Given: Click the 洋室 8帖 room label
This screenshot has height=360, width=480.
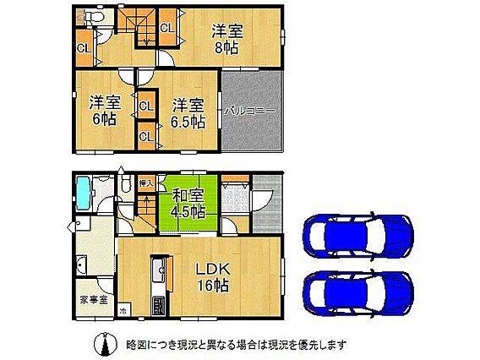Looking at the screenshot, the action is [227, 40].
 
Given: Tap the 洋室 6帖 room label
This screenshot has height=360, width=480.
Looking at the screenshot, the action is [105, 110].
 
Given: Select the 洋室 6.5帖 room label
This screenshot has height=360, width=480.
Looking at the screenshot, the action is [188, 114].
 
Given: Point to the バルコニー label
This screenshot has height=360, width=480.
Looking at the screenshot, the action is [250, 111].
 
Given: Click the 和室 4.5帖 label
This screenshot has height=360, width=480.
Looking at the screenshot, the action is [188, 203].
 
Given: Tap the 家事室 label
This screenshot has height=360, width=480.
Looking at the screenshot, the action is [94, 300].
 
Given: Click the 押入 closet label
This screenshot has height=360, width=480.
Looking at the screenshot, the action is [146, 183].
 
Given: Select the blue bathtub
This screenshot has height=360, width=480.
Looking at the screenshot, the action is [84, 194].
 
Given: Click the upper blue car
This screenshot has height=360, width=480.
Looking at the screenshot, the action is [357, 236].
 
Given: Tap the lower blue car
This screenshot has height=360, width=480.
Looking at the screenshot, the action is [357, 292].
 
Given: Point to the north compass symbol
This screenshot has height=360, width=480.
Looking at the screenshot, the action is [105, 344].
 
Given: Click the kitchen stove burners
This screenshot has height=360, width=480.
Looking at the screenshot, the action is [159, 305].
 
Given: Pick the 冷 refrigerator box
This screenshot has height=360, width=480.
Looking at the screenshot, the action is [123, 311].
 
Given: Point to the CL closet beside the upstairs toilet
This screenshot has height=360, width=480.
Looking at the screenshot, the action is [85, 48].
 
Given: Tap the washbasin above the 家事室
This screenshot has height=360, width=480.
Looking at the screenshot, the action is [82, 264].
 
